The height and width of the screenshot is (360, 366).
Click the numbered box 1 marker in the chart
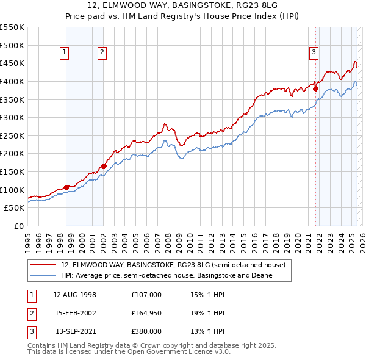click(65, 52)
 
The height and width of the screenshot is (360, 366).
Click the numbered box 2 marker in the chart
click(102, 52)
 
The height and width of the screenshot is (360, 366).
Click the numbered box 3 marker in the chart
click(314, 52)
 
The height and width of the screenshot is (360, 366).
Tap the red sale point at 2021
click(316, 88)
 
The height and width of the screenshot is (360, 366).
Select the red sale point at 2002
click(104, 166)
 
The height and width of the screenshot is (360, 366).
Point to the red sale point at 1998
click(66, 187)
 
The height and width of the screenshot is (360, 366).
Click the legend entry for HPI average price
click(167, 275)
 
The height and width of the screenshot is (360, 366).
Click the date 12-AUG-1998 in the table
click(75, 295)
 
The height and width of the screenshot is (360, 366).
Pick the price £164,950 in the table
click(146, 313)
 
